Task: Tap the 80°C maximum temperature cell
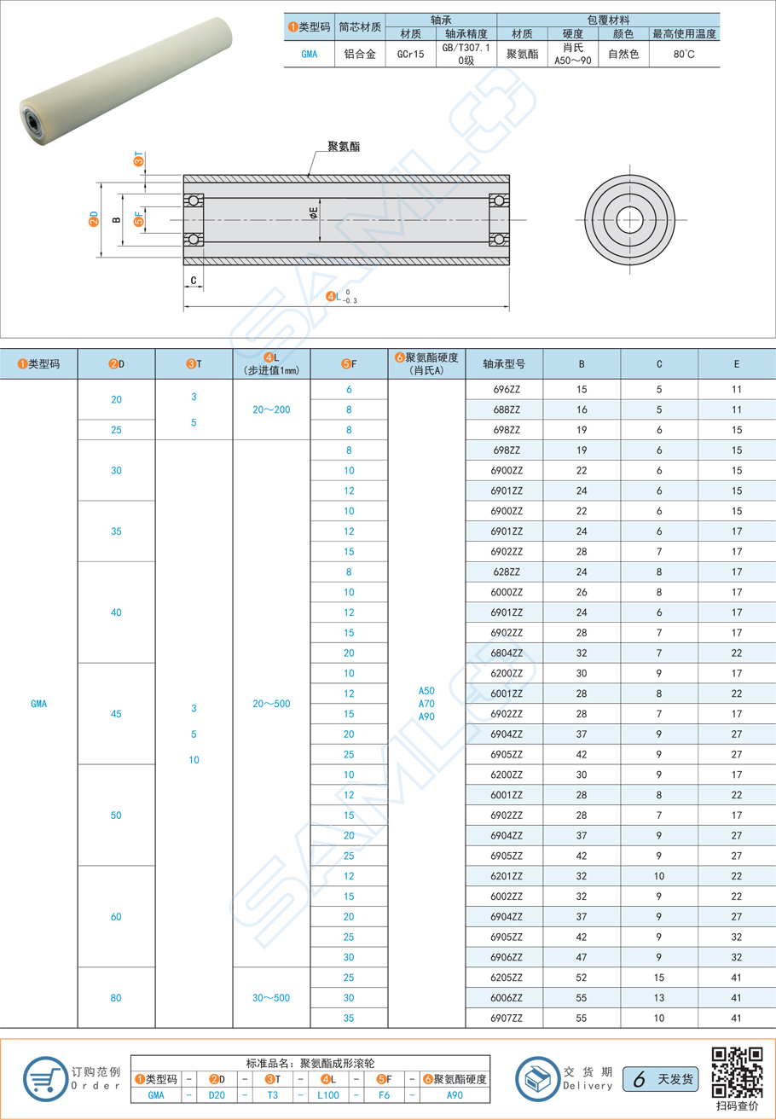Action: [x=684, y=54]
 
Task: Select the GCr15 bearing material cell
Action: [x=410, y=54]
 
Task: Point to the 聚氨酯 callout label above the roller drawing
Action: [x=344, y=147]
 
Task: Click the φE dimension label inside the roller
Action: [x=314, y=212]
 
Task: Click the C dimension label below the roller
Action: [x=194, y=280]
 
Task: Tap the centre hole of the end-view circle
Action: [x=629, y=219]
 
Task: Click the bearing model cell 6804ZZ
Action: [x=507, y=653]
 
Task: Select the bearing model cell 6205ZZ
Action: [x=507, y=978]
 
